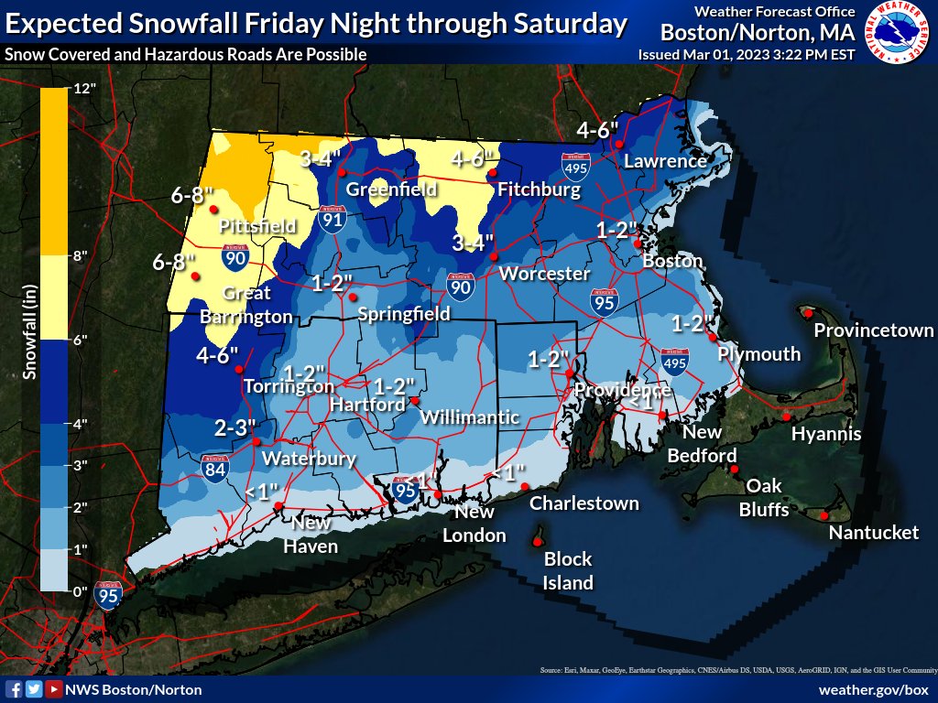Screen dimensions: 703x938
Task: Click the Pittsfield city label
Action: click(257, 225)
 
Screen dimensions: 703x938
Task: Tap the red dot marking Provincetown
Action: click(810, 313)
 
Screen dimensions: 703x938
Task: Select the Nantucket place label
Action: click(873, 532)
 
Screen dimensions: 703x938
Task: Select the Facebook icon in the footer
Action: click(14, 689)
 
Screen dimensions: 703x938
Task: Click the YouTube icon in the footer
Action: click(54, 689)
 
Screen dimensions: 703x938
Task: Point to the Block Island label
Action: click(568, 570)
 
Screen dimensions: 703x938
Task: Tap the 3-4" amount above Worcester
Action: click(474, 242)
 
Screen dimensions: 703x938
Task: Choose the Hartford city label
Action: click(354, 405)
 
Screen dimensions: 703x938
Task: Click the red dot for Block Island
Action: click(536, 542)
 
